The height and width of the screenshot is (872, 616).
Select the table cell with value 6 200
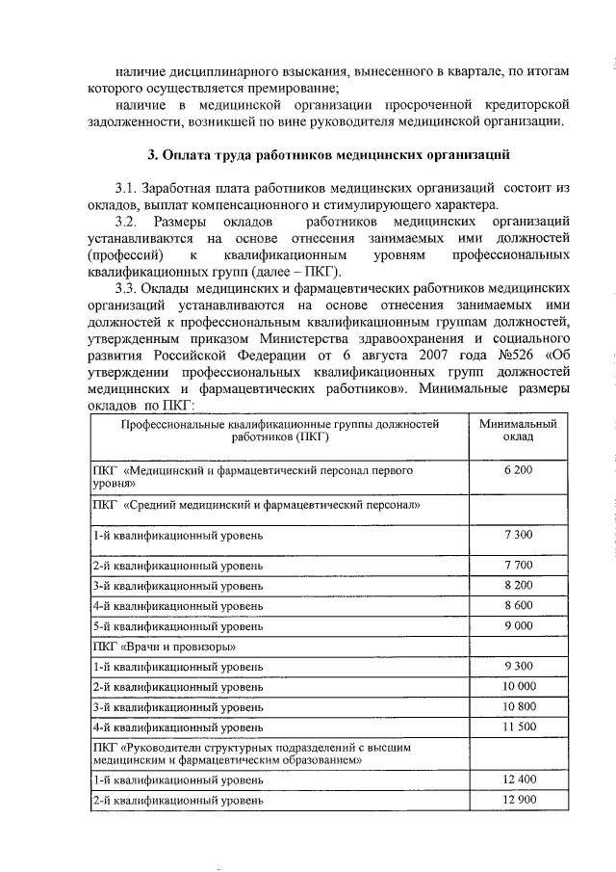pos(517,469)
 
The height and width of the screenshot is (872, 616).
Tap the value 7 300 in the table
pos(517,533)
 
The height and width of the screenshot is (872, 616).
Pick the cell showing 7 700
pos(517,565)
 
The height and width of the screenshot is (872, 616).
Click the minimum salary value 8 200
pos(517,585)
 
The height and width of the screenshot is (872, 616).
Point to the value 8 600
pos(517,605)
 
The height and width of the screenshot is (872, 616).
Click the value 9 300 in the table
pos(517,666)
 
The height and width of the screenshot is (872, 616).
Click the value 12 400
pos(517,778)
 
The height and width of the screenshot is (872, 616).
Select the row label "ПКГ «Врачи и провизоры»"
pos(159,647)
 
